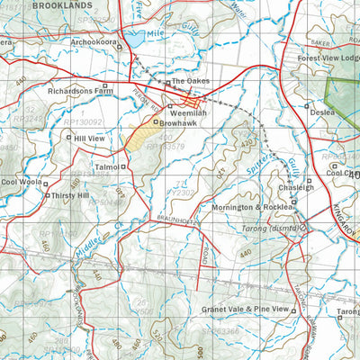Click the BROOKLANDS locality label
(x=67, y=5)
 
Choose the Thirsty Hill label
(x=71, y=195)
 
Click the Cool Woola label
(x=22, y=182)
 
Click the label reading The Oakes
(x=189, y=82)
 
